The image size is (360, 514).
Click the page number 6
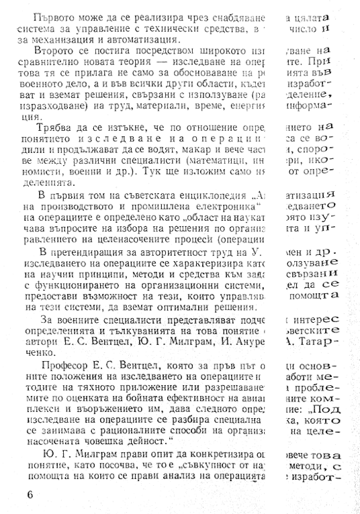[x=27, y=495]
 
